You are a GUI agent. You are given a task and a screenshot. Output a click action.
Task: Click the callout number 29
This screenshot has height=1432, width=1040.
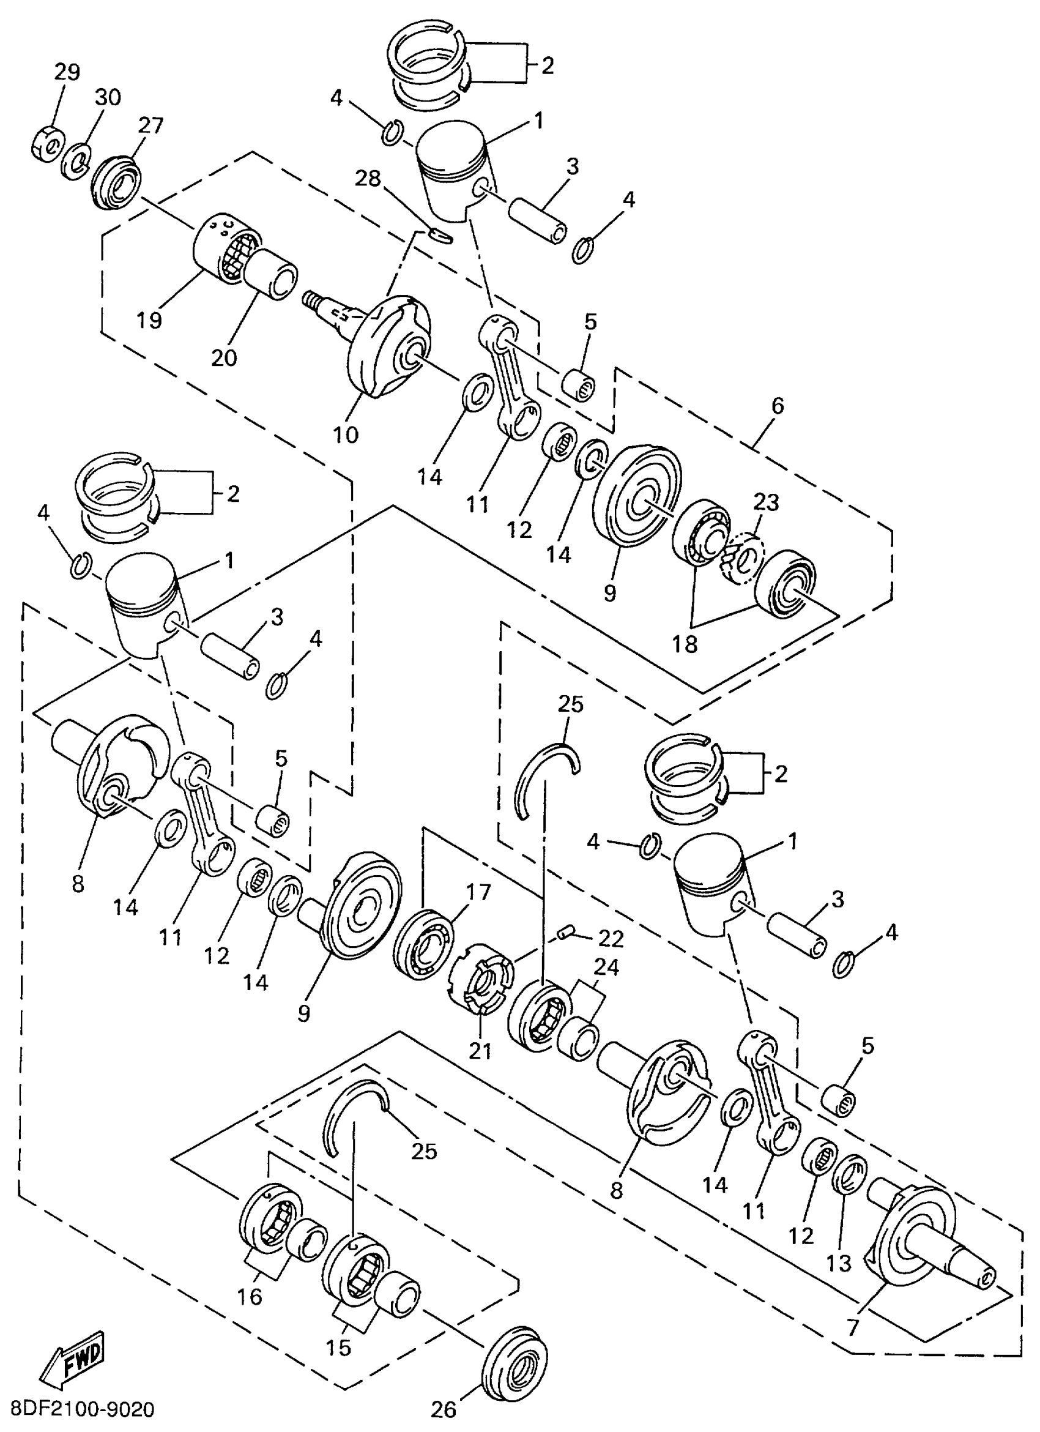tap(66, 73)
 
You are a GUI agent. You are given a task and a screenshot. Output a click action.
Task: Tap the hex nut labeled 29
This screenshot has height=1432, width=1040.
tap(45, 143)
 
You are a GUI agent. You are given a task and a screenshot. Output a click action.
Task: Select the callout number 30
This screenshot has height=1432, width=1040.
tap(108, 98)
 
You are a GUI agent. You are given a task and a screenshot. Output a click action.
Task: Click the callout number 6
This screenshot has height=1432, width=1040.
tap(778, 406)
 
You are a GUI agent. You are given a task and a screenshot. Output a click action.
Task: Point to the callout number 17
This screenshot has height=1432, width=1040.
tap(478, 892)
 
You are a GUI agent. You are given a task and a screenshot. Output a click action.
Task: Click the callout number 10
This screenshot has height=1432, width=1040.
tap(346, 434)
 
